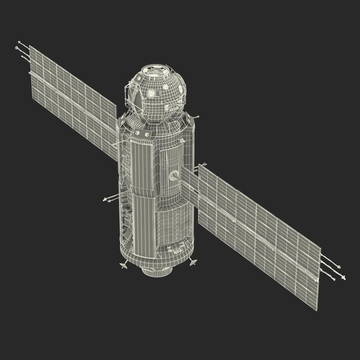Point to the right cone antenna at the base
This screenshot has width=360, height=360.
(193, 262)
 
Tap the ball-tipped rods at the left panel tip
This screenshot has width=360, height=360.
(22, 50)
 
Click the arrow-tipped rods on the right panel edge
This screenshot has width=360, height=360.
(331, 267)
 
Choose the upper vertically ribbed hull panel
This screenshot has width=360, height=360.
(144, 165)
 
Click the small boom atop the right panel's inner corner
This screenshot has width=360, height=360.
(202, 164)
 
